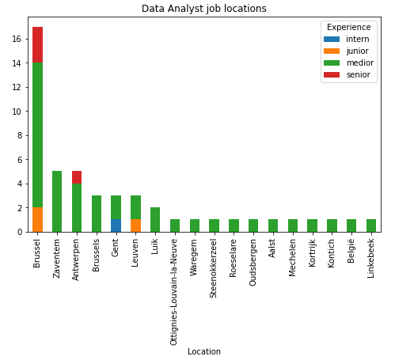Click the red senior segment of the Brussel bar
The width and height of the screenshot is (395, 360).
point(37,45)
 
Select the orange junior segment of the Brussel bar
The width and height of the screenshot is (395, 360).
point(37,220)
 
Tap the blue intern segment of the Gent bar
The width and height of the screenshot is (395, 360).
point(116,225)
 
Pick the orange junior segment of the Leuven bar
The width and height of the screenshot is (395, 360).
point(135,225)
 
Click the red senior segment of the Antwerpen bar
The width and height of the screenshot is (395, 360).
point(77,177)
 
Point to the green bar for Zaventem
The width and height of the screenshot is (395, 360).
point(57,202)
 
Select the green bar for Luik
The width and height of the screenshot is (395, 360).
point(155,220)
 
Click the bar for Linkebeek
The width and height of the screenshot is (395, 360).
point(371,225)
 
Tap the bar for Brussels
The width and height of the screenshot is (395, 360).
point(97,214)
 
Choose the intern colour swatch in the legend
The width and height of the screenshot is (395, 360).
point(332,39)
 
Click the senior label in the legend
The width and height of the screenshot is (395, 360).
point(359,74)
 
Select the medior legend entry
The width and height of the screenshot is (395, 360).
point(348,63)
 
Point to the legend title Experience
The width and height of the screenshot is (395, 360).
point(349,27)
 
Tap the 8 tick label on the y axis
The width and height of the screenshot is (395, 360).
point(20,135)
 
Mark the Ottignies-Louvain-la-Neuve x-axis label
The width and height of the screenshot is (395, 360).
point(173,292)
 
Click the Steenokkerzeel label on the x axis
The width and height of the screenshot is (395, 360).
point(213,268)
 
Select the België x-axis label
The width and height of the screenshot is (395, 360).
point(351,251)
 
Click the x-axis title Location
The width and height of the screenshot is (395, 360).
point(204,351)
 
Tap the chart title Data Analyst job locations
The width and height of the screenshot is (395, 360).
point(204,9)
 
